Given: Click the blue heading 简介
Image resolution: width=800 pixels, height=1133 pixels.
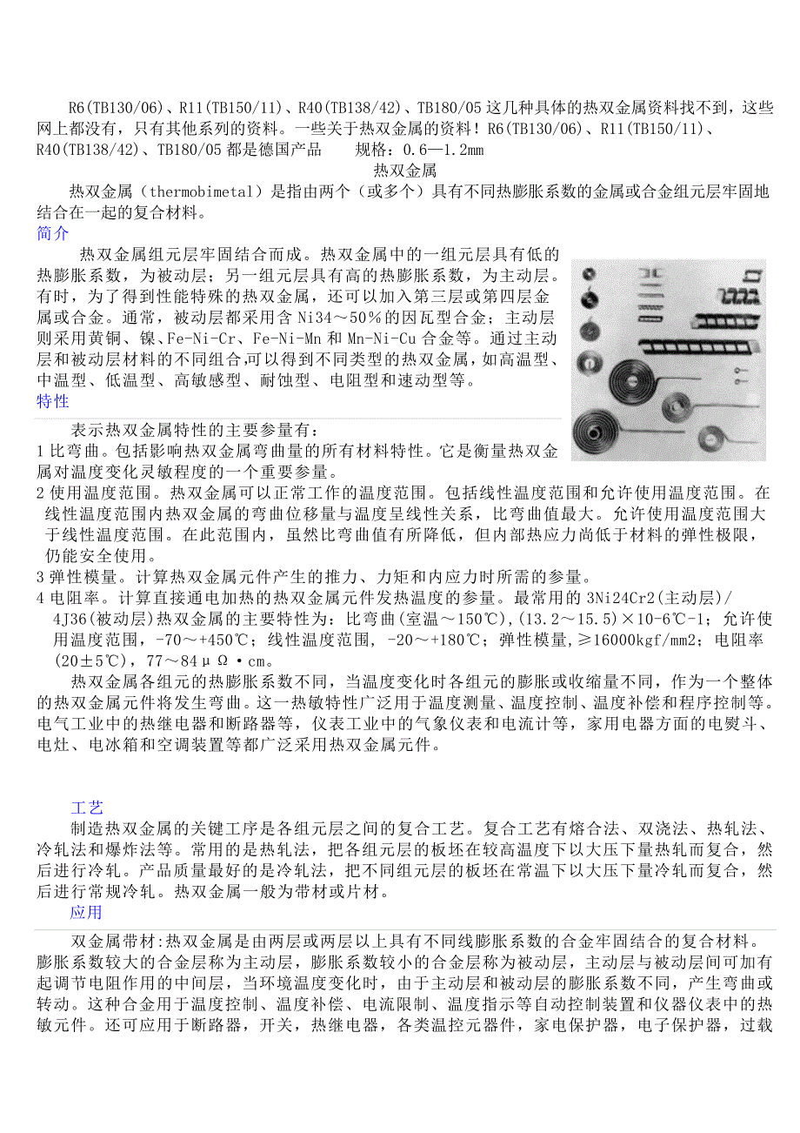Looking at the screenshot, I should point(52,233).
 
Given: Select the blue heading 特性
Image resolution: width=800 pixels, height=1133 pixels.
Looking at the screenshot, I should point(52,401).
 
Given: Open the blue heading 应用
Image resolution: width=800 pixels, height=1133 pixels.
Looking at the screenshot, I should point(86,912).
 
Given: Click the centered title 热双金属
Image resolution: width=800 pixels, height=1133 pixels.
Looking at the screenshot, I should point(404,170).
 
